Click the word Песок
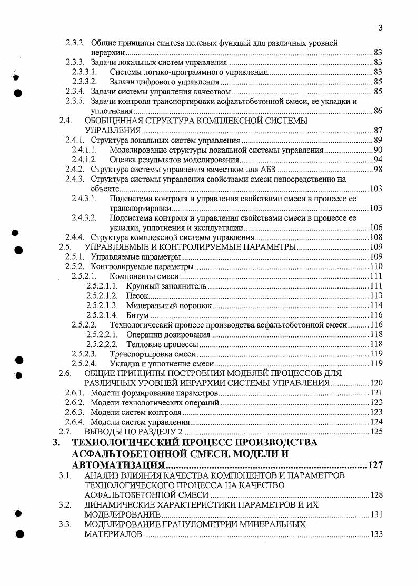pos(136,296)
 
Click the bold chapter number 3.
pos(57,443)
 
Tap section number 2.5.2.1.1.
pos(102,286)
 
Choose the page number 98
pos(378,169)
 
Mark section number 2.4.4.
pos(75,237)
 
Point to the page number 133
pos(375,534)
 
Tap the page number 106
pos(375,227)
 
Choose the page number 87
pos(378,130)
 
